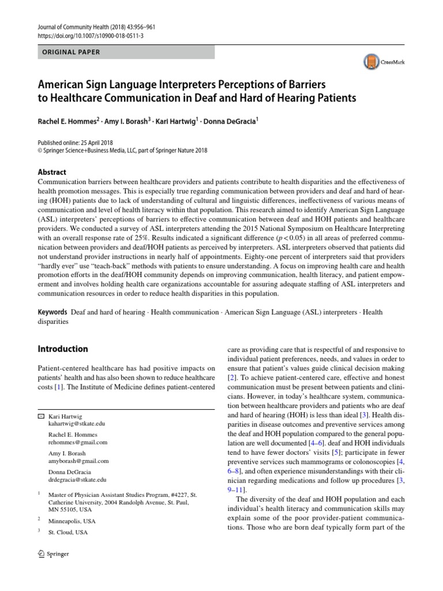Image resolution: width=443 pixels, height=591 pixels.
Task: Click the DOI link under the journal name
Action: pyautogui.click(x=82, y=35)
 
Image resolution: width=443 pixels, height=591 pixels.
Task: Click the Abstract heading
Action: pyautogui.click(x=51, y=172)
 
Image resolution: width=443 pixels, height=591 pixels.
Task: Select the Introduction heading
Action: pyautogui.click(x=63, y=349)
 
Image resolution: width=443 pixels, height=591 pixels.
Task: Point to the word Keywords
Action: pyautogui.click(x=53, y=312)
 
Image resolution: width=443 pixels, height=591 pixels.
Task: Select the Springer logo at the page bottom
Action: pyautogui.click(x=52, y=554)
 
